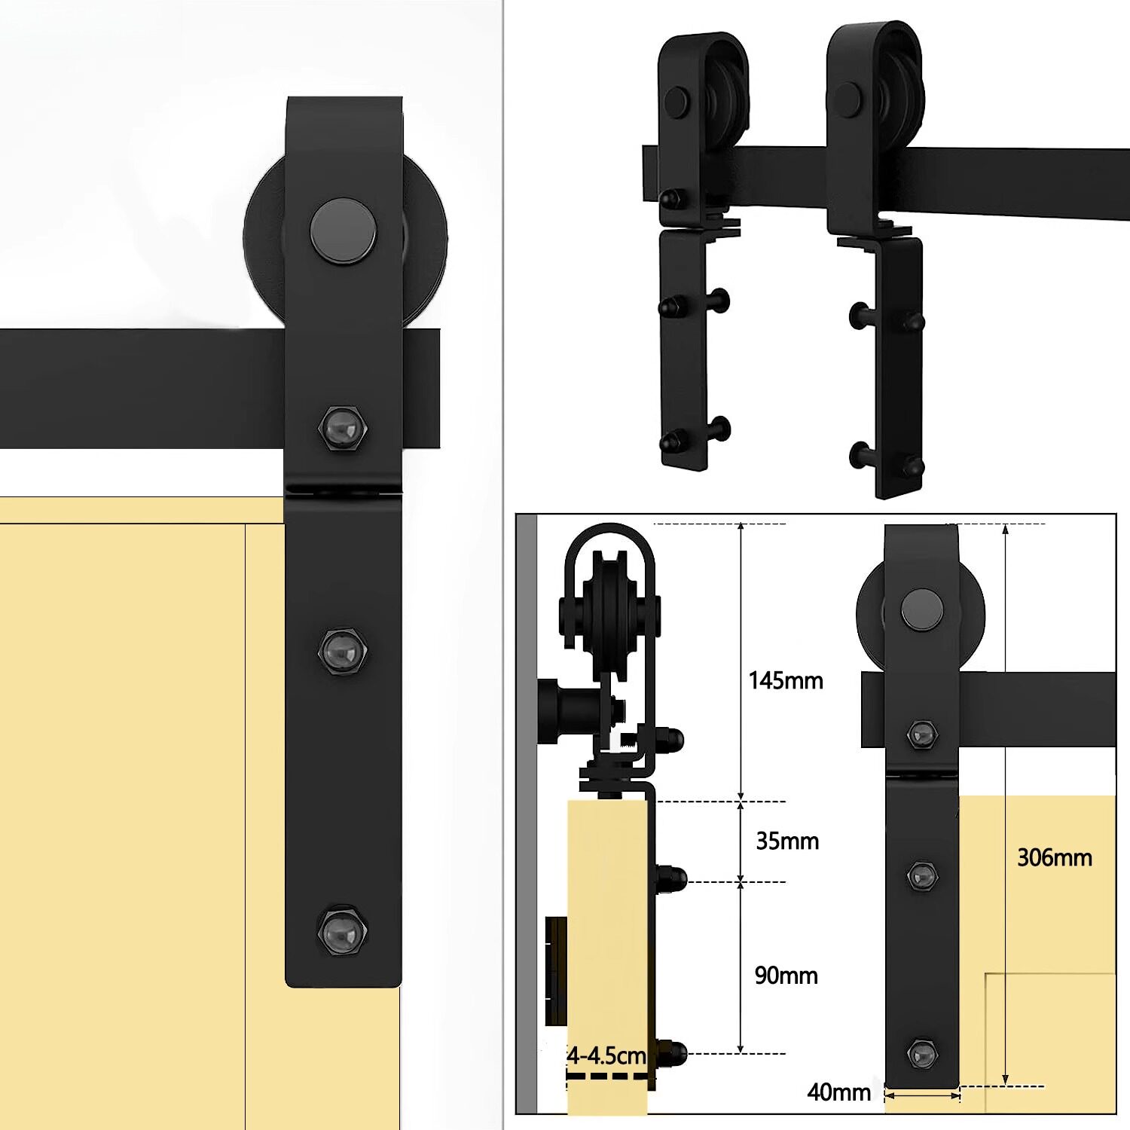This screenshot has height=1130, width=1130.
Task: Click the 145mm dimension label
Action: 786,681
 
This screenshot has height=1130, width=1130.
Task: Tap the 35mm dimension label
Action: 787,841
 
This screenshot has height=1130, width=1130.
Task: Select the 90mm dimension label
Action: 786,976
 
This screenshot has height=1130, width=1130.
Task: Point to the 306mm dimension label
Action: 1055,857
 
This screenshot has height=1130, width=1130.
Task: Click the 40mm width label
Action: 838,1092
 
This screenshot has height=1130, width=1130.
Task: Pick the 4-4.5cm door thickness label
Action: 606,1055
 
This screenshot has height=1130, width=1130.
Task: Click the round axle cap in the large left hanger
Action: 344,231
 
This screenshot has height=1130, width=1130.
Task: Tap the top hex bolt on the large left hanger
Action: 344,429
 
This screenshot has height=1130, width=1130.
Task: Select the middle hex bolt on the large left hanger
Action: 343,650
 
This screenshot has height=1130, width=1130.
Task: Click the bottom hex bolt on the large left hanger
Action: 343,931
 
